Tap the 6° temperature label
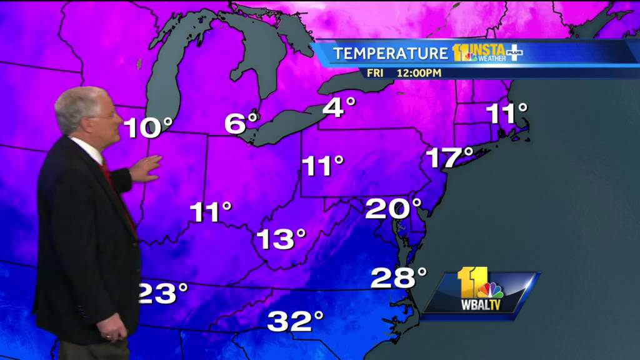click(x=241, y=122)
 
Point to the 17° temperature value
click(x=449, y=157)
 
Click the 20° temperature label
click(x=394, y=208)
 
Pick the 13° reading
click(x=281, y=238)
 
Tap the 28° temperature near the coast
click(x=398, y=277)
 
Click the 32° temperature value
click(x=296, y=321)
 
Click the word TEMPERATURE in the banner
click(x=391, y=53)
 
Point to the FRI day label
click(x=375, y=73)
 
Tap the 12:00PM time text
click(x=419, y=73)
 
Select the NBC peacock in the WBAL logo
click(x=491, y=290)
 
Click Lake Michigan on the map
click(x=164, y=81)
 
